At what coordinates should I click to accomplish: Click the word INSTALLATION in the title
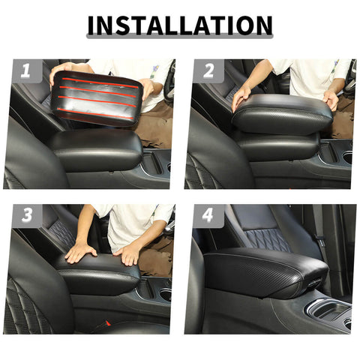pyautogui.click(x=179, y=25)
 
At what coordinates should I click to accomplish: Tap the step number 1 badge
pyautogui.click(x=27, y=71)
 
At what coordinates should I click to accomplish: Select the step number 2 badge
pyautogui.click(x=208, y=71)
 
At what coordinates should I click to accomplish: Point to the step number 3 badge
pyautogui.click(x=27, y=216)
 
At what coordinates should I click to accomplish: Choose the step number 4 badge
pyautogui.click(x=208, y=216)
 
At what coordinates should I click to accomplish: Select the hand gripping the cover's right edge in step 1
pyautogui.click(x=145, y=89)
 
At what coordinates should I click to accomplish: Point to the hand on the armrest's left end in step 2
pyautogui.click(x=241, y=96)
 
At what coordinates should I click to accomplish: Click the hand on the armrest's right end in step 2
pyautogui.click(x=331, y=100)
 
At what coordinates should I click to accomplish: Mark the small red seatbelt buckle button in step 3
pyautogui.click(x=108, y=323)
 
